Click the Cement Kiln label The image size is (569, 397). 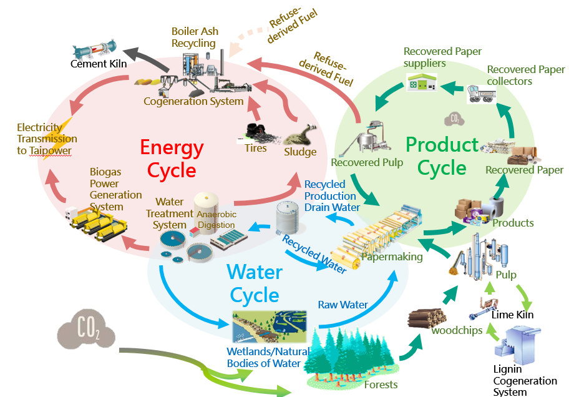pyautogui.click(x=98, y=64)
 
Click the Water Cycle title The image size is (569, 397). pyautogui.click(x=255, y=283)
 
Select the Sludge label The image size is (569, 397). pyautogui.click(x=300, y=152)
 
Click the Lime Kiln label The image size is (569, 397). pyautogui.click(x=512, y=315)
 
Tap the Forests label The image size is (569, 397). pyautogui.click(x=381, y=385)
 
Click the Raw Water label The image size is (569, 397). pyautogui.click(x=343, y=305)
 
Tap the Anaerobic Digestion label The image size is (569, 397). pyautogui.click(x=216, y=219)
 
